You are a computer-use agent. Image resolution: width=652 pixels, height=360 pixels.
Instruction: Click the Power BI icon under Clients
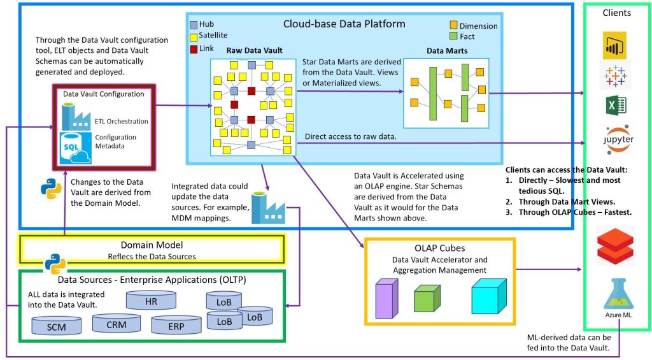614,46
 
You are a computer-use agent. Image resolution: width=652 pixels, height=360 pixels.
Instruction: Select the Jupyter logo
614,139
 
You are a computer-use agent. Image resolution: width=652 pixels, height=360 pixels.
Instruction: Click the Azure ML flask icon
615,295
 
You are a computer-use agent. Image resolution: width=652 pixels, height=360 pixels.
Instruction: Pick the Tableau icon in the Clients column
614,75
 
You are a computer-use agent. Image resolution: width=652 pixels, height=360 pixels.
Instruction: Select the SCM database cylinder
57,326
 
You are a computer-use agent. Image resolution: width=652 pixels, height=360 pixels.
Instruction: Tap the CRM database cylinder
117,324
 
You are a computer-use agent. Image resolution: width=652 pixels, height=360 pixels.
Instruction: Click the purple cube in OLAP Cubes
386,299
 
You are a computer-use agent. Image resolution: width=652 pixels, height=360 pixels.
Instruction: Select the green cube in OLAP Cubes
427,298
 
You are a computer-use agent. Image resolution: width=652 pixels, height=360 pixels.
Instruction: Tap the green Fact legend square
453,36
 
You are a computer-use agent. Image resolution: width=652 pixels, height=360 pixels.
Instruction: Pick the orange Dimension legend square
453,25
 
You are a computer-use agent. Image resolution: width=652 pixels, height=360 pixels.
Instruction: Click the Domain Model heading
152,245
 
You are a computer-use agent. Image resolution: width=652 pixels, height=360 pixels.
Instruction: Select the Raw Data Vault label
255,50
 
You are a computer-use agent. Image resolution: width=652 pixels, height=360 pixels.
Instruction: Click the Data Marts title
446,50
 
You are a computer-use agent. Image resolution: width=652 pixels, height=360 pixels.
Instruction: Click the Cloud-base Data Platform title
344,24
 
